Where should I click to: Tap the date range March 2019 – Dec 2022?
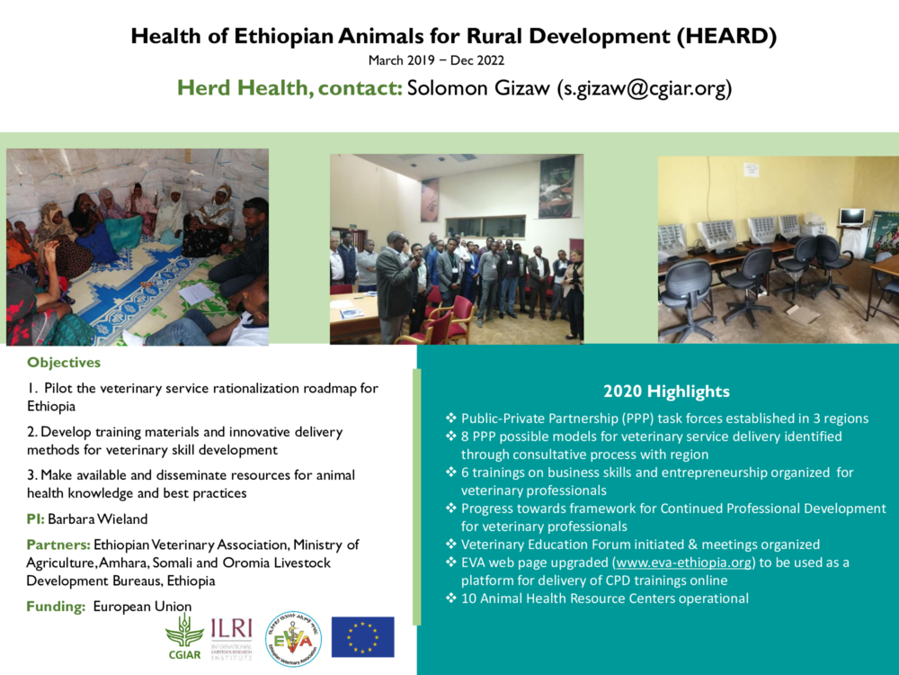436,60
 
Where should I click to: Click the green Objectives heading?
64,363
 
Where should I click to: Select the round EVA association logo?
293,638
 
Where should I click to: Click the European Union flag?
362,636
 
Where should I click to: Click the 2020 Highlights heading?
666,391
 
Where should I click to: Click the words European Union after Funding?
142,607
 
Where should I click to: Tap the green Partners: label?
58,544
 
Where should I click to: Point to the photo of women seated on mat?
138,247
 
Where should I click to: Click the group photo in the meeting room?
456,248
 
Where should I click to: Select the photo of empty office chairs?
778,248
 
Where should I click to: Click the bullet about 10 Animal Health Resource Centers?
604,598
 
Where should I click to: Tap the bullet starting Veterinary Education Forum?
639,544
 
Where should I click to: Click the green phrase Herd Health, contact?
289,88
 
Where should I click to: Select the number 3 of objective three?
31,474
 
